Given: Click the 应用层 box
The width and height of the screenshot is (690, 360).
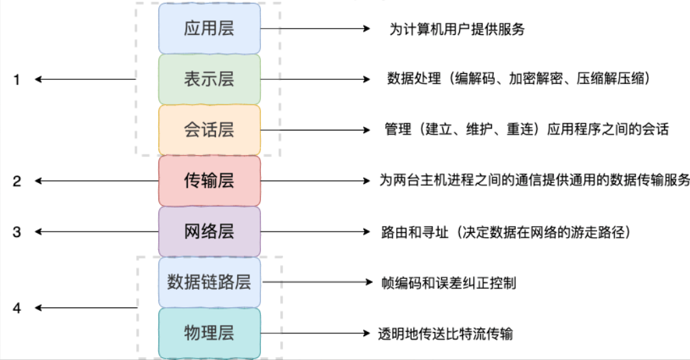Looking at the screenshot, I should [x=209, y=29].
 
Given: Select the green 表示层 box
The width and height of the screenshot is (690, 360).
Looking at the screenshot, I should [x=209, y=79].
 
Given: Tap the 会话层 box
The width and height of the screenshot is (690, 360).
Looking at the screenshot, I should [x=209, y=130].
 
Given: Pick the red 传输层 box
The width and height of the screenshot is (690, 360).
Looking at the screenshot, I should [x=209, y=180].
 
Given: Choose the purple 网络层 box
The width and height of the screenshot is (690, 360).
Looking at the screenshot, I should [x=209, y=231].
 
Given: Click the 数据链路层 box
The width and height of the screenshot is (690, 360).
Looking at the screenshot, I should [x=209, y=281].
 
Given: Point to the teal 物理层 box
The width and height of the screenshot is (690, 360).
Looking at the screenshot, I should [x=209, y=333].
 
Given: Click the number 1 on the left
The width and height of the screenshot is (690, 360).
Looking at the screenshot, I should [x=17, y=80].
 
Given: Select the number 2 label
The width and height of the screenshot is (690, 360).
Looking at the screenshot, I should [x=17, y=181].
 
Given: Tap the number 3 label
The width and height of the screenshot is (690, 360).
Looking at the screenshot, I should [x=17, y=232].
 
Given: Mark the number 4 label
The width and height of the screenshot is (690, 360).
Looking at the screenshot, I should [x=17, y=309].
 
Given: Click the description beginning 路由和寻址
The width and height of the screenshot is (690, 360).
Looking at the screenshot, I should [x=505, y=232].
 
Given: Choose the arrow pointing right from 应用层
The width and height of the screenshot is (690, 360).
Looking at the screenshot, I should [x=314, y=29].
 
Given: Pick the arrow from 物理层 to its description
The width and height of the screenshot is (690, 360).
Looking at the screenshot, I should [x=314, y=333].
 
